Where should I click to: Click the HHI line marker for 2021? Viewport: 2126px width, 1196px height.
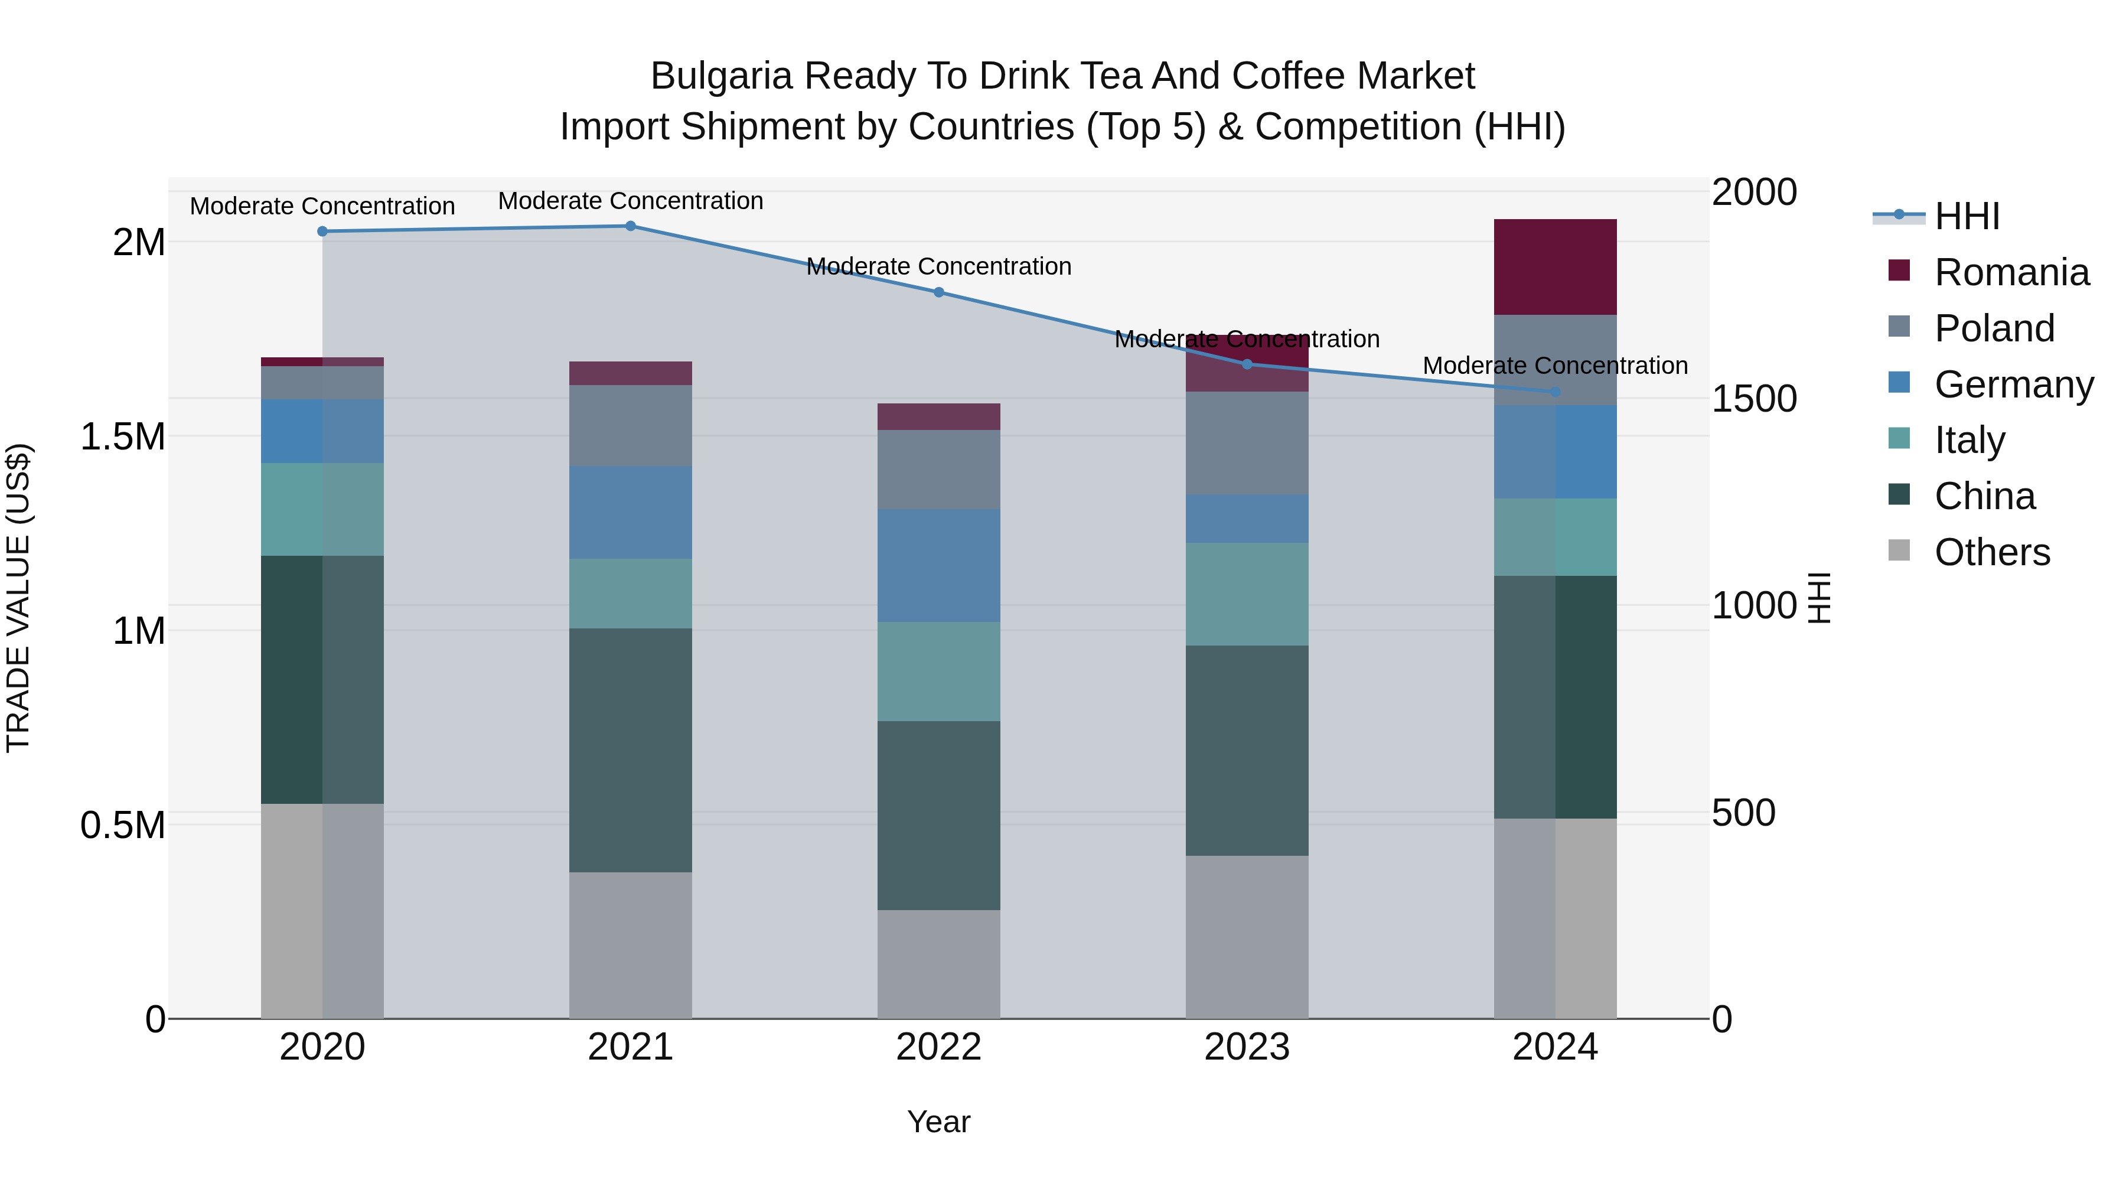631,226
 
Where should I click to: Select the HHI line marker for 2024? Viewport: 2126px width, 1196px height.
1555,391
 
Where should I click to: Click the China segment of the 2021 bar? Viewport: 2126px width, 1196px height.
631,749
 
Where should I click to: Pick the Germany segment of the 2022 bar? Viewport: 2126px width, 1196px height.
938,565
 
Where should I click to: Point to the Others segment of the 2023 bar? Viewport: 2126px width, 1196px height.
1246,936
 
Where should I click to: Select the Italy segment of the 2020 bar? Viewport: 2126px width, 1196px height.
322,509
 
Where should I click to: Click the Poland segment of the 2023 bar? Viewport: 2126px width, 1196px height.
1246,442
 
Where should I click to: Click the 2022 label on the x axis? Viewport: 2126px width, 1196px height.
938,1047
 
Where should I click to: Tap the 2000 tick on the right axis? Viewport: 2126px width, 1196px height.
1755,193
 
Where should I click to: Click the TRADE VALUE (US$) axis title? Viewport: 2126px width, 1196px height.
18,598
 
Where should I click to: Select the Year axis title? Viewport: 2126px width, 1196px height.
938,1122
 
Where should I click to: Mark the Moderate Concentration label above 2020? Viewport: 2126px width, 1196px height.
322,206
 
